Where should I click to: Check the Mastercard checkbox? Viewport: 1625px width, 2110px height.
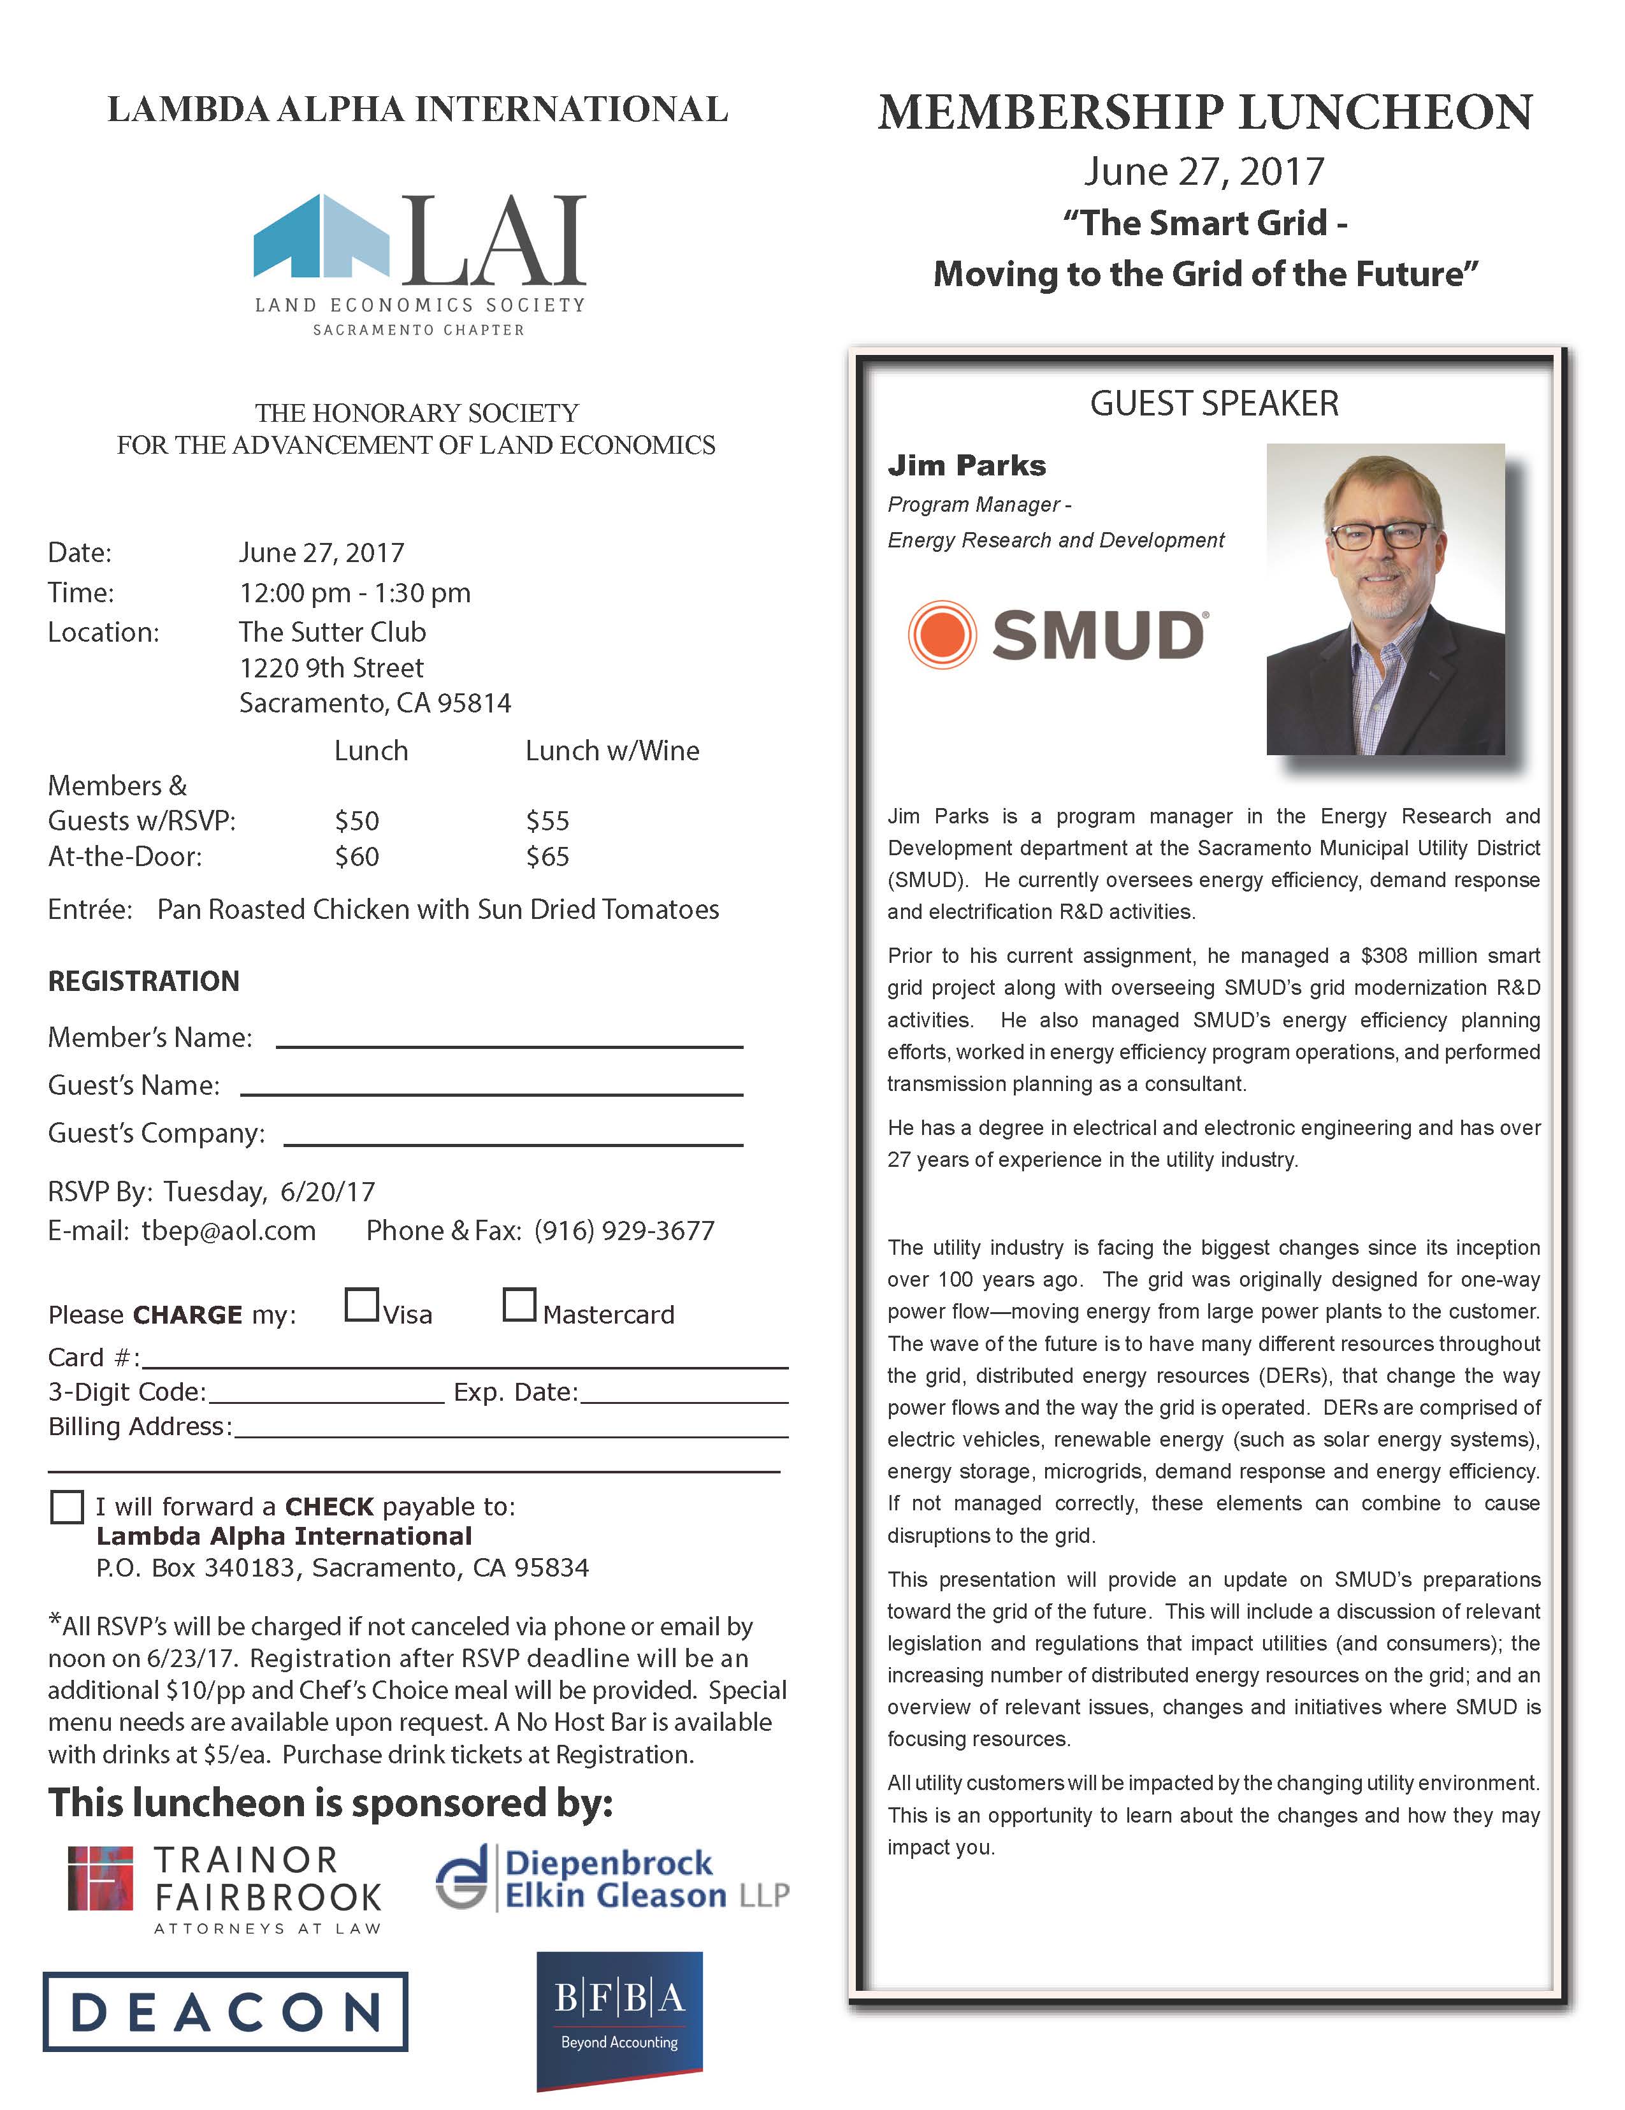(519, 1305)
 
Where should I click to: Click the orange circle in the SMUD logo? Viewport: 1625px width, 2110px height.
(941, 635)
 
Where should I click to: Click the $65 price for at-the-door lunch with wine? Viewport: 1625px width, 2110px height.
(548, 857)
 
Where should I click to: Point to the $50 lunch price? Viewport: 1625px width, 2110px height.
(356, 821)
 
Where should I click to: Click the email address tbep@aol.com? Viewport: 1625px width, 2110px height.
(228, 1231)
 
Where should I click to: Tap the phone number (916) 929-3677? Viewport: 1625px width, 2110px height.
(624, 1231)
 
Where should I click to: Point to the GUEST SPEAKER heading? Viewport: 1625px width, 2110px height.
(1215, 404)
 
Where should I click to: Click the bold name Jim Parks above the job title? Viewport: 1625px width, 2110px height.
(966, 466)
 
